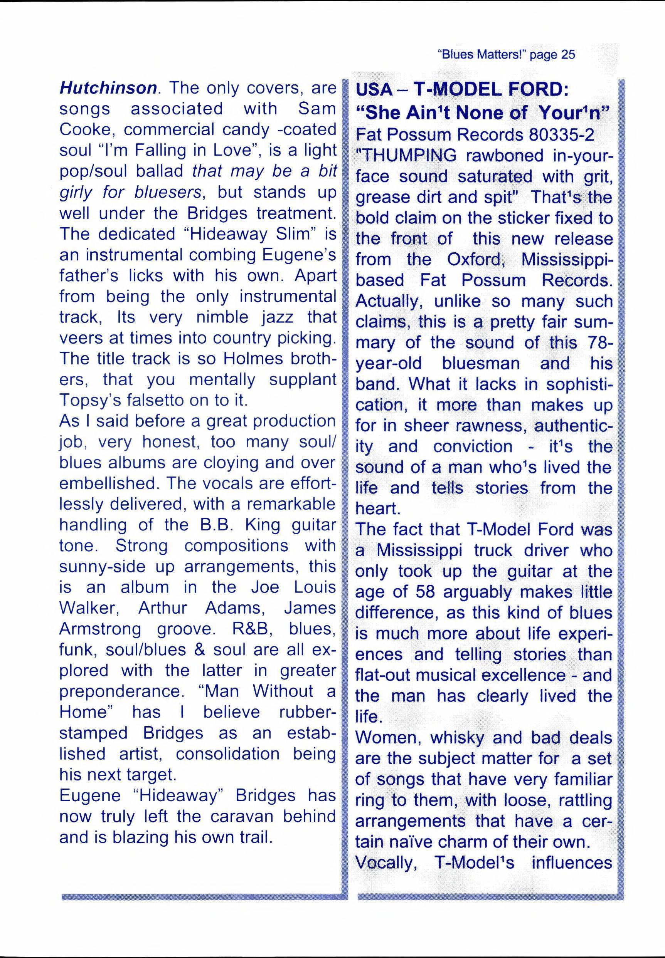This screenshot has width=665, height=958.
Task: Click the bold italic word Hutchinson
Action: click(108, 88)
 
